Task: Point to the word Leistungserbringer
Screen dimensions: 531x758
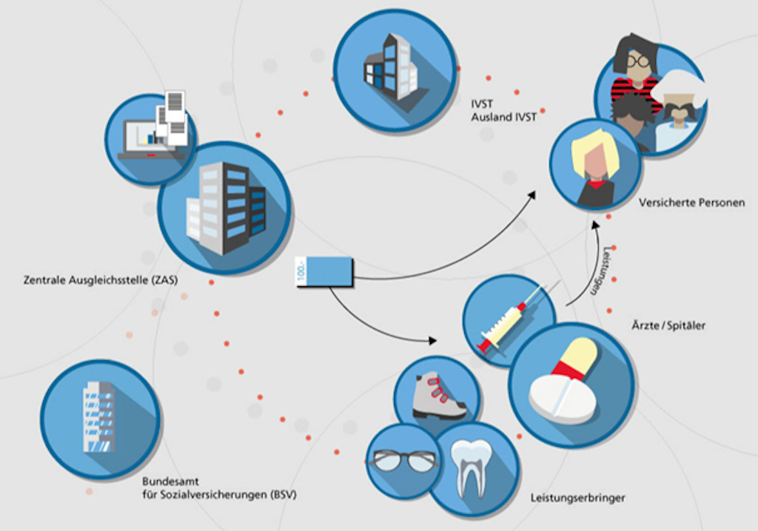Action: (577, 498)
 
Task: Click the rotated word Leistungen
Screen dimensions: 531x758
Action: (600, 271)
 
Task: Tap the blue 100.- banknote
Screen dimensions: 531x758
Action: (323, 270)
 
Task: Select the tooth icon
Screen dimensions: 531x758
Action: (472, 467)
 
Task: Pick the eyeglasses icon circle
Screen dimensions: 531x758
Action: (403, 461)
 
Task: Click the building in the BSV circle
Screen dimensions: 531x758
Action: (98, 417)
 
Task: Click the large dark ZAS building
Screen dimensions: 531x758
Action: (226, 206)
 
